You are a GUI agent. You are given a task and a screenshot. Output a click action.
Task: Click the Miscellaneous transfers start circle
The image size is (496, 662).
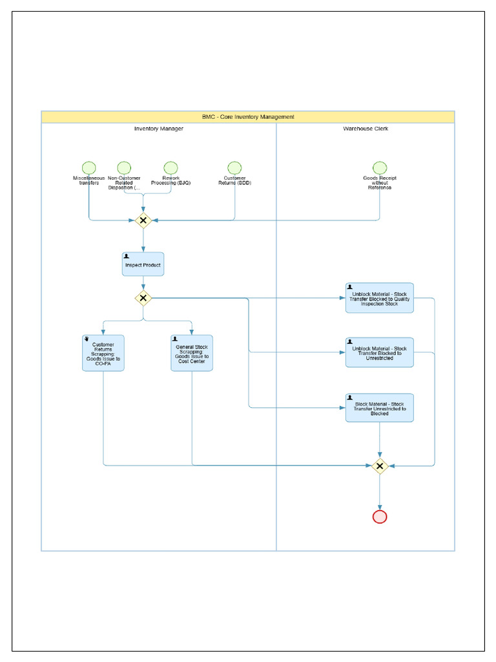click(x=89, y=168)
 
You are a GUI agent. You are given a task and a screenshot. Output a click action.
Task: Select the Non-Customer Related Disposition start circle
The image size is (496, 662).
click(x=124, y=168)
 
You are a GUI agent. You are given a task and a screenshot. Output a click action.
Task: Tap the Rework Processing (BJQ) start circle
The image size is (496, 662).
click(x=170, y=168)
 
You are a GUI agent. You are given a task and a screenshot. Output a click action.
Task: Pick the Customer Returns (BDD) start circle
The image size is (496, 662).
click(x=234, y=168)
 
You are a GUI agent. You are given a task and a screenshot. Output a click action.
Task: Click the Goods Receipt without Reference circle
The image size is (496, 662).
click(x=380, y=168)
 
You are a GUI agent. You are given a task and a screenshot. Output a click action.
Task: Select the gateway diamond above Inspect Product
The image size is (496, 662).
click(x=143, y=220)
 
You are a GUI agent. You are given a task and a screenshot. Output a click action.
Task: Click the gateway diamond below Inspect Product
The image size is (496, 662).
click(x=143, y=298)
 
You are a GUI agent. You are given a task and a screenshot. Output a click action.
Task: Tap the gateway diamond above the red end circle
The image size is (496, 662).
click(x=380, y=465)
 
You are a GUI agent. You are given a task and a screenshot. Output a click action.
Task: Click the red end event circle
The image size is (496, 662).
click(x=380, y=517)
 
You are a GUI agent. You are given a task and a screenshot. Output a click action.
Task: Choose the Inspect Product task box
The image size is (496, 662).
click(x=143, y=264)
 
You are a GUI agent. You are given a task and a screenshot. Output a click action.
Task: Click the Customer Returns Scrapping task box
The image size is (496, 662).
click(x=103, y=353)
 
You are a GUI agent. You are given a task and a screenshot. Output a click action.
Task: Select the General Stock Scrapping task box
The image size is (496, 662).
click(x=192, y=353)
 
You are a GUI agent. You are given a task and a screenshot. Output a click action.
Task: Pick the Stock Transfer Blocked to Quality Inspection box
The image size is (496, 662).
click(x=379, y=298)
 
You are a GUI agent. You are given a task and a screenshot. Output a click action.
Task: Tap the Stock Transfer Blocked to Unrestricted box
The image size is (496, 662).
click(x=379, y=352)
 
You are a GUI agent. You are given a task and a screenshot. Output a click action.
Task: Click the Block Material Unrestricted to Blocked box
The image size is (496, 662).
click(x=379, y=408)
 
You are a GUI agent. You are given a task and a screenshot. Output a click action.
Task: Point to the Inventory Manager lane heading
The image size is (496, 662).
click(x=159, y=129)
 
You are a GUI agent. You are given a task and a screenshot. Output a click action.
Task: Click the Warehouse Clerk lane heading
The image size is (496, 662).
click(x=366, y=129)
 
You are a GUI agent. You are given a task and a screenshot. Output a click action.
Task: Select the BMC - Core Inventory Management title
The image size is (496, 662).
click(x=248, y=117)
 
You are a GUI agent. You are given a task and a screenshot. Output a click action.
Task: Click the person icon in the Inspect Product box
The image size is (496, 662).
click(x=127, y=257)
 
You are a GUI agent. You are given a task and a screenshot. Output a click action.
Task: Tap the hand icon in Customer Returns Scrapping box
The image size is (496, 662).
click(x=87, y=338)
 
